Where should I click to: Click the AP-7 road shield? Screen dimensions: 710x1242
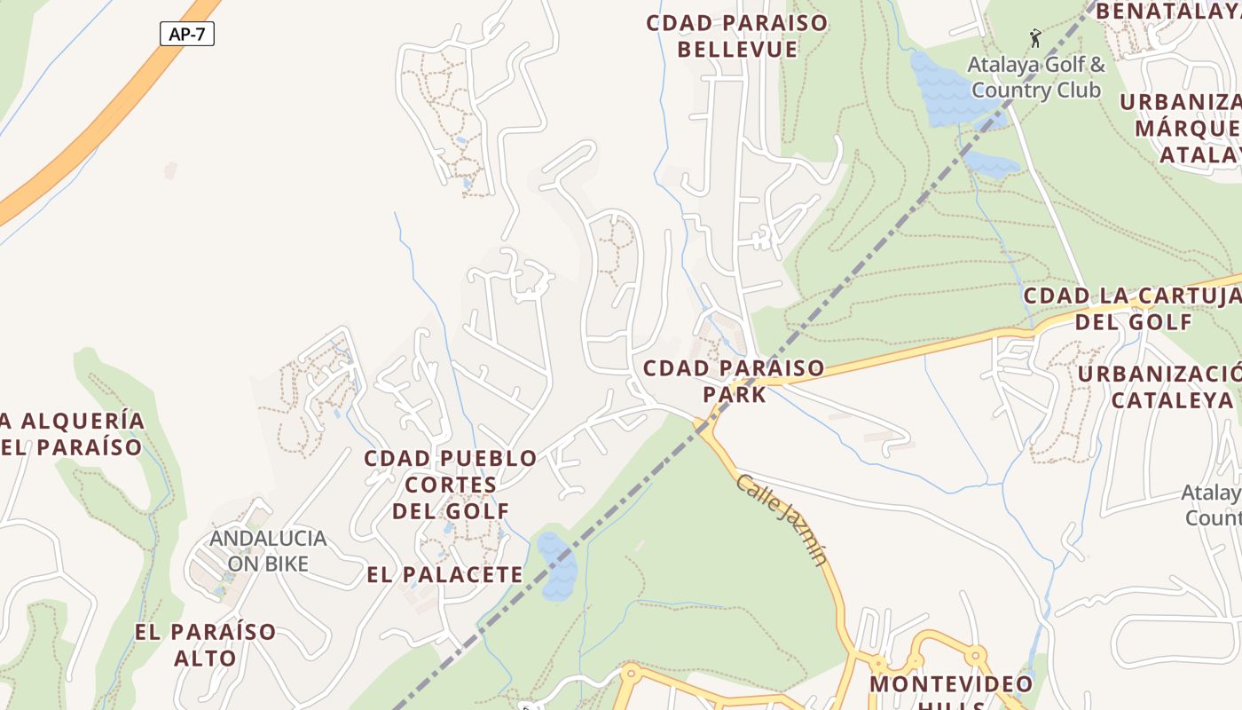tap(187, 34)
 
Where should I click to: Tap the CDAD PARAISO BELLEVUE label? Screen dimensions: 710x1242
tap(737, 36)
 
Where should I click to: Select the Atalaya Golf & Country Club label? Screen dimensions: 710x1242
tap(1036, 77)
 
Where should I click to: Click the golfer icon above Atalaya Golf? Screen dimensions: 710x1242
tap(1034, 37)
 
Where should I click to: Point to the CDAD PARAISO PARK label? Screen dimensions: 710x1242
tap(734, 381)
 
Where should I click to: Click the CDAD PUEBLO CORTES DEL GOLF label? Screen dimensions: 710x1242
tap(451, 485)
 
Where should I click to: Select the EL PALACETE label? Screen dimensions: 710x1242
tap(445, 574)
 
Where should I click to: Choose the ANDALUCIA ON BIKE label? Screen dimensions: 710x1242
tap(268, 551)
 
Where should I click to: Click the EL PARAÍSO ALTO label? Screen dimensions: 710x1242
tap(206, 645)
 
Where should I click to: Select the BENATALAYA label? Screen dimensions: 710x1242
tap(1167, 12)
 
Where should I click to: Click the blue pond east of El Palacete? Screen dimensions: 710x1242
tap(557, 567)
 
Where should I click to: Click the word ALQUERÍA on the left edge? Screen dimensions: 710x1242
tap(82, 420)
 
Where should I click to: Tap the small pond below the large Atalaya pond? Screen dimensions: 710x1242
tap(992, 162)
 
